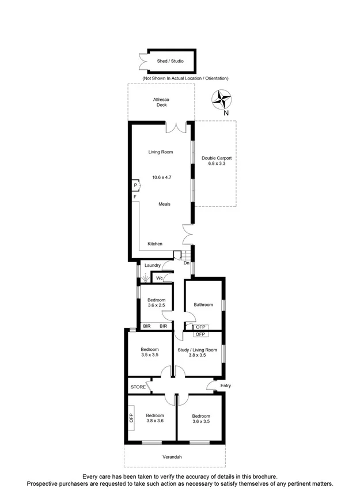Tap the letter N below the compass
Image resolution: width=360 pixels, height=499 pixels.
point(226,114)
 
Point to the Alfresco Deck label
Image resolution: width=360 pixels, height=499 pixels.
point(161,102)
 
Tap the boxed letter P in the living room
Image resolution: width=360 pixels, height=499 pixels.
point(136,186)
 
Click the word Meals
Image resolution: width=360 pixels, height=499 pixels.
point(165,204)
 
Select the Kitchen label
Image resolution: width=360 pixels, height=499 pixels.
point(155,244)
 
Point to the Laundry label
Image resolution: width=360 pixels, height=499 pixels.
point(153,265)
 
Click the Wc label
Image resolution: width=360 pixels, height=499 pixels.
point(160,278)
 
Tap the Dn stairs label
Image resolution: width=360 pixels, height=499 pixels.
point(187,263)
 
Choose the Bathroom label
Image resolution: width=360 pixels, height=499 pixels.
point(203,305)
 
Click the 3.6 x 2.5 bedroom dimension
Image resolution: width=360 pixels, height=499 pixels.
point(157,307)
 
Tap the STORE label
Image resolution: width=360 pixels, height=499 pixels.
point(138,387)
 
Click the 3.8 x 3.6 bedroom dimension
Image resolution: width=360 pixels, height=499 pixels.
point(154,422)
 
